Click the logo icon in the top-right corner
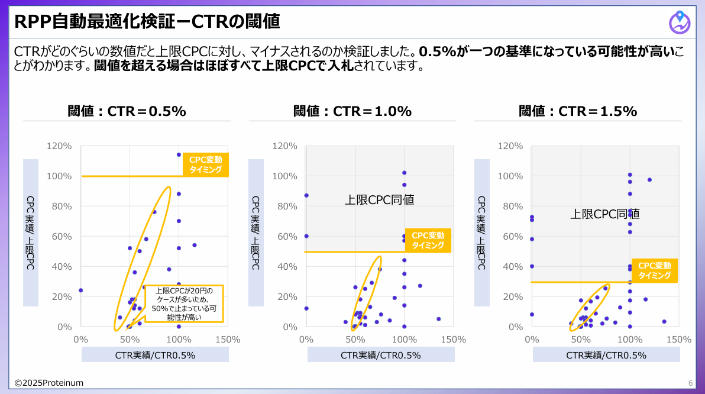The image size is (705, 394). pyautogui.click(x=680, y=22)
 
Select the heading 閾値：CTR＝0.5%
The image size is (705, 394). pyautogui.click(x=127, y=111)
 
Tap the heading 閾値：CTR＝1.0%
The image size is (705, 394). pyautogui.click(x=353, y=111)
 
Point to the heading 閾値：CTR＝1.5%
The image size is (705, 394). pyautogui.click(x=578, y=111)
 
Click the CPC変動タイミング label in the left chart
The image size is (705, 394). pyautogui.click(x=206, y=164)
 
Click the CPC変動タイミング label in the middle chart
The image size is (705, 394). pyautogui.click(x=428, y=240)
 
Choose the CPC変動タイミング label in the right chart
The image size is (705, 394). pyautogui.click(x=654, y=270)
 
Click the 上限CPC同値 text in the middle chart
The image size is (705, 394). pyautogui.click(x=379, y=200)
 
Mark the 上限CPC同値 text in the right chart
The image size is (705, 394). pyautogui.click(x=604, y=214)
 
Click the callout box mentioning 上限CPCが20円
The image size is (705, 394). pyautogui.click(x=185, y=304)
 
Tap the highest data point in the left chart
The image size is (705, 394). pyautogui.click(x=179, y=154)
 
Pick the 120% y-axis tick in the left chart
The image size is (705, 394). pyautogui.click(x=60, y=146)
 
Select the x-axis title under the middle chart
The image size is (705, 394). pyautogui.click(x=381, y=355)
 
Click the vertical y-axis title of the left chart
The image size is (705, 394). pyautogui.click(x=31, y=233)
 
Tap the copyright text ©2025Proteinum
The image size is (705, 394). pyautogui.click(x=49, y=383)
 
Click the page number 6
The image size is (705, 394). pyautogui.click(x=690, y=383)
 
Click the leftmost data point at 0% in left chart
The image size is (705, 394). pyautogui.click(x=80, y=290)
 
